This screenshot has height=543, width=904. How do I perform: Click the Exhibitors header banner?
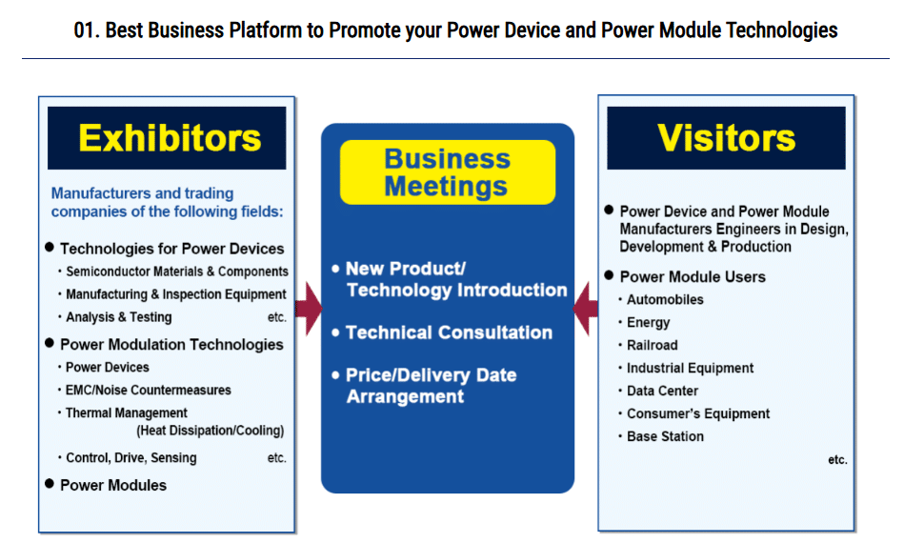pyautogui.click(x=167, y=138)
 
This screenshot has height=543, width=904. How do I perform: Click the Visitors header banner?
pyautogui.click(x=726, y=138)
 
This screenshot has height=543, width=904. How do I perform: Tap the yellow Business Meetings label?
pyautogui.click(x=448, y=172)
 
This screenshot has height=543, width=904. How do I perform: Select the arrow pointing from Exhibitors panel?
pyautogui.click(x=309, y=309)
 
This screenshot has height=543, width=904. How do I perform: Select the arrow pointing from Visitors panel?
pyautogui.click(x=585, y=309)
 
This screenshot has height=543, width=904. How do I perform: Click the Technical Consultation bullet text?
pyautogui.click(x=449, y=332)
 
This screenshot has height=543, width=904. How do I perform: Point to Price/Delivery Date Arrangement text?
pyautogui.click(x=432, y=386)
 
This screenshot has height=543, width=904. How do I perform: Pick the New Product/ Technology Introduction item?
pyautogui.click(x=456, y=279)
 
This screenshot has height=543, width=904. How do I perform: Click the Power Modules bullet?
pyautogui.click(x=113, y=485)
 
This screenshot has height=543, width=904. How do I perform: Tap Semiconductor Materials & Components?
pyautogui.click(x=177, y=271)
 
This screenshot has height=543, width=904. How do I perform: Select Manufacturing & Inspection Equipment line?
pyautogui.click(x=176, y=294)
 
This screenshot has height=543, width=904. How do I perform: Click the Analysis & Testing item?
pyautogui.click(x=119, y=317)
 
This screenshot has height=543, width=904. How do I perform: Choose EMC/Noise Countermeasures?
pyautogui.click(x=149, y=391)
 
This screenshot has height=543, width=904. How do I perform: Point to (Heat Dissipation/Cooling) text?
pyautogui.click(x=211, y=431)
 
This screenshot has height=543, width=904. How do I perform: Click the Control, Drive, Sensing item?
pyautogui.click(x=131, y=457)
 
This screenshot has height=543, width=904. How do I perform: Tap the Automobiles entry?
pyautogui.click(x=665, y=300)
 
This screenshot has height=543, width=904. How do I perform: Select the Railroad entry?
pyautogui.click(x=653, y=345)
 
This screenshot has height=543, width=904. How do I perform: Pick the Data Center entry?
pyautogui.click(x=662, y=391)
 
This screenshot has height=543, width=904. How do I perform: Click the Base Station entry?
pyautogui.click(x=665, y=436)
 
